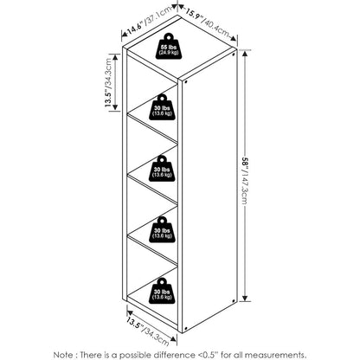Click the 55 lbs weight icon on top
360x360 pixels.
click(x=169, y=47)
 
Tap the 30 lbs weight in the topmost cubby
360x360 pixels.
click(x=162, y=107)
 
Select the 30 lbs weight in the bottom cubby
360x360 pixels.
click(x=162, y=291)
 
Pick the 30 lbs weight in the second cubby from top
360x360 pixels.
click(x=162, y=169)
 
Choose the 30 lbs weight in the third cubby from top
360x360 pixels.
click(x=162, y=229)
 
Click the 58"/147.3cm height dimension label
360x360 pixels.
click(x=244, y=179)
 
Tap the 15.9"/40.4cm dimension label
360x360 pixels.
click(x=207, y=24)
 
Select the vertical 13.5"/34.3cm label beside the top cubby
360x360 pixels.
click(x=108, y=83)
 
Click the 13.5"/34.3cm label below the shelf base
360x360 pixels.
click(x=147, y=331)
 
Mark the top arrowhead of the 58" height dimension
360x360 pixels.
click(x=245, y=54)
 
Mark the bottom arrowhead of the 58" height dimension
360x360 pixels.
click(x=245, y=298)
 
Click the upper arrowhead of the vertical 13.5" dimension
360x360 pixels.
click(x=115, y=57)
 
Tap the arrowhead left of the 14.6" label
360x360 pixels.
click(x=125, y=35)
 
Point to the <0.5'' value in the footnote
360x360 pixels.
click(x=212, y=355)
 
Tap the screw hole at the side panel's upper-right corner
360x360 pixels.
click(x=233, y=54)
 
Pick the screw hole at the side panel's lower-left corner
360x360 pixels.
click(x=185, y=328)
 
